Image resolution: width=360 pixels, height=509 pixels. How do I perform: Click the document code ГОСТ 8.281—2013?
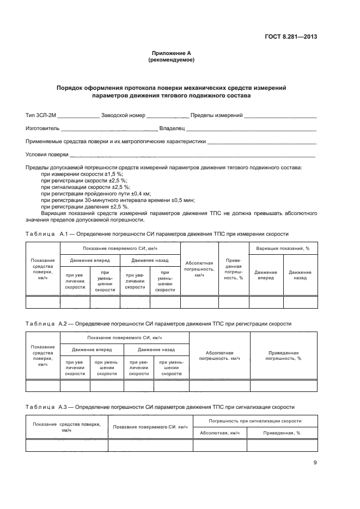290,37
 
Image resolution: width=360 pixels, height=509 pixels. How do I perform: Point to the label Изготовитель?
42,128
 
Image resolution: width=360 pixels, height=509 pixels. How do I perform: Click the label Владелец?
172,128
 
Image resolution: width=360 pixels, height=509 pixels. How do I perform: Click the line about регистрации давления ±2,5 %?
84,207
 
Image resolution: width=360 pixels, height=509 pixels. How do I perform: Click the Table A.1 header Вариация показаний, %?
283,248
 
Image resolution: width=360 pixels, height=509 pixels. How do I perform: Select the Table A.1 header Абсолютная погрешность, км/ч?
199,268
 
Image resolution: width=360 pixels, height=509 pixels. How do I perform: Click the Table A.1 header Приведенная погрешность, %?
233,268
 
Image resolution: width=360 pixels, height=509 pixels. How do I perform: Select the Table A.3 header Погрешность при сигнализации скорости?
254,421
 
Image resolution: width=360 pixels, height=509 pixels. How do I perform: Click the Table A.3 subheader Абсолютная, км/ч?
219,433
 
